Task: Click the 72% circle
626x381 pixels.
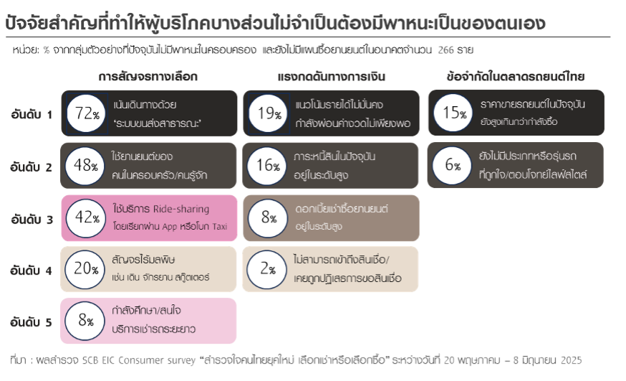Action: (x=85, y=113)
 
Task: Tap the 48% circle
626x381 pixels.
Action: (x=85, y=165)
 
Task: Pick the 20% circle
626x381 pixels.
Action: (x=85, y=269)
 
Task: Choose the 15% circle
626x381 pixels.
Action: (x=453, y=113)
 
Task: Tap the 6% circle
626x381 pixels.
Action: (x=453, y=165)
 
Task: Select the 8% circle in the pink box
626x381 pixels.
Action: (x=85, y=321)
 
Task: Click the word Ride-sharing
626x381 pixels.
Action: (x=181, y=210)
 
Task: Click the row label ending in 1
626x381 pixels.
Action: (x=32, y=113)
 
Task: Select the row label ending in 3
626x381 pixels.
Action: (x=32, y=220)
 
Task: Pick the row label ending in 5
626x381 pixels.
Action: (x=32, y=322)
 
